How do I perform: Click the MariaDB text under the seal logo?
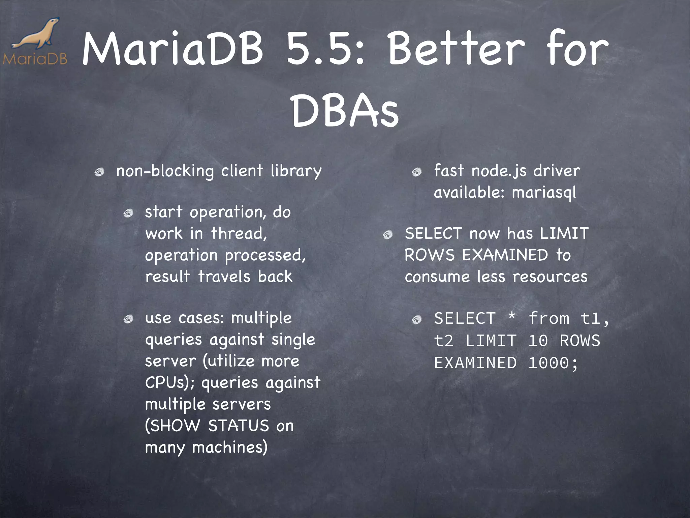35,59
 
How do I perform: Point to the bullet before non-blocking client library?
99,173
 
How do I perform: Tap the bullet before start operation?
128,213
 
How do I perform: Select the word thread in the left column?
239,233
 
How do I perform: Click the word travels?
224,277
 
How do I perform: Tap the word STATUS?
238,426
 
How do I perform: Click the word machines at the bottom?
230,448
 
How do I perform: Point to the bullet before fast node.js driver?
417,173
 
